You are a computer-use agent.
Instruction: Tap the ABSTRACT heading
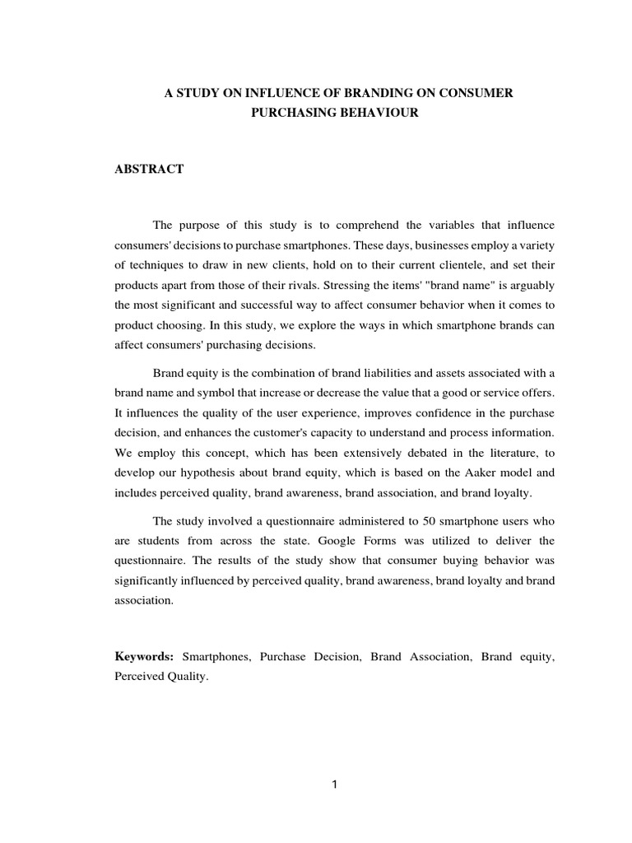point(149,169)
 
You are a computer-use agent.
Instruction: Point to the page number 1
point(334,785)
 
